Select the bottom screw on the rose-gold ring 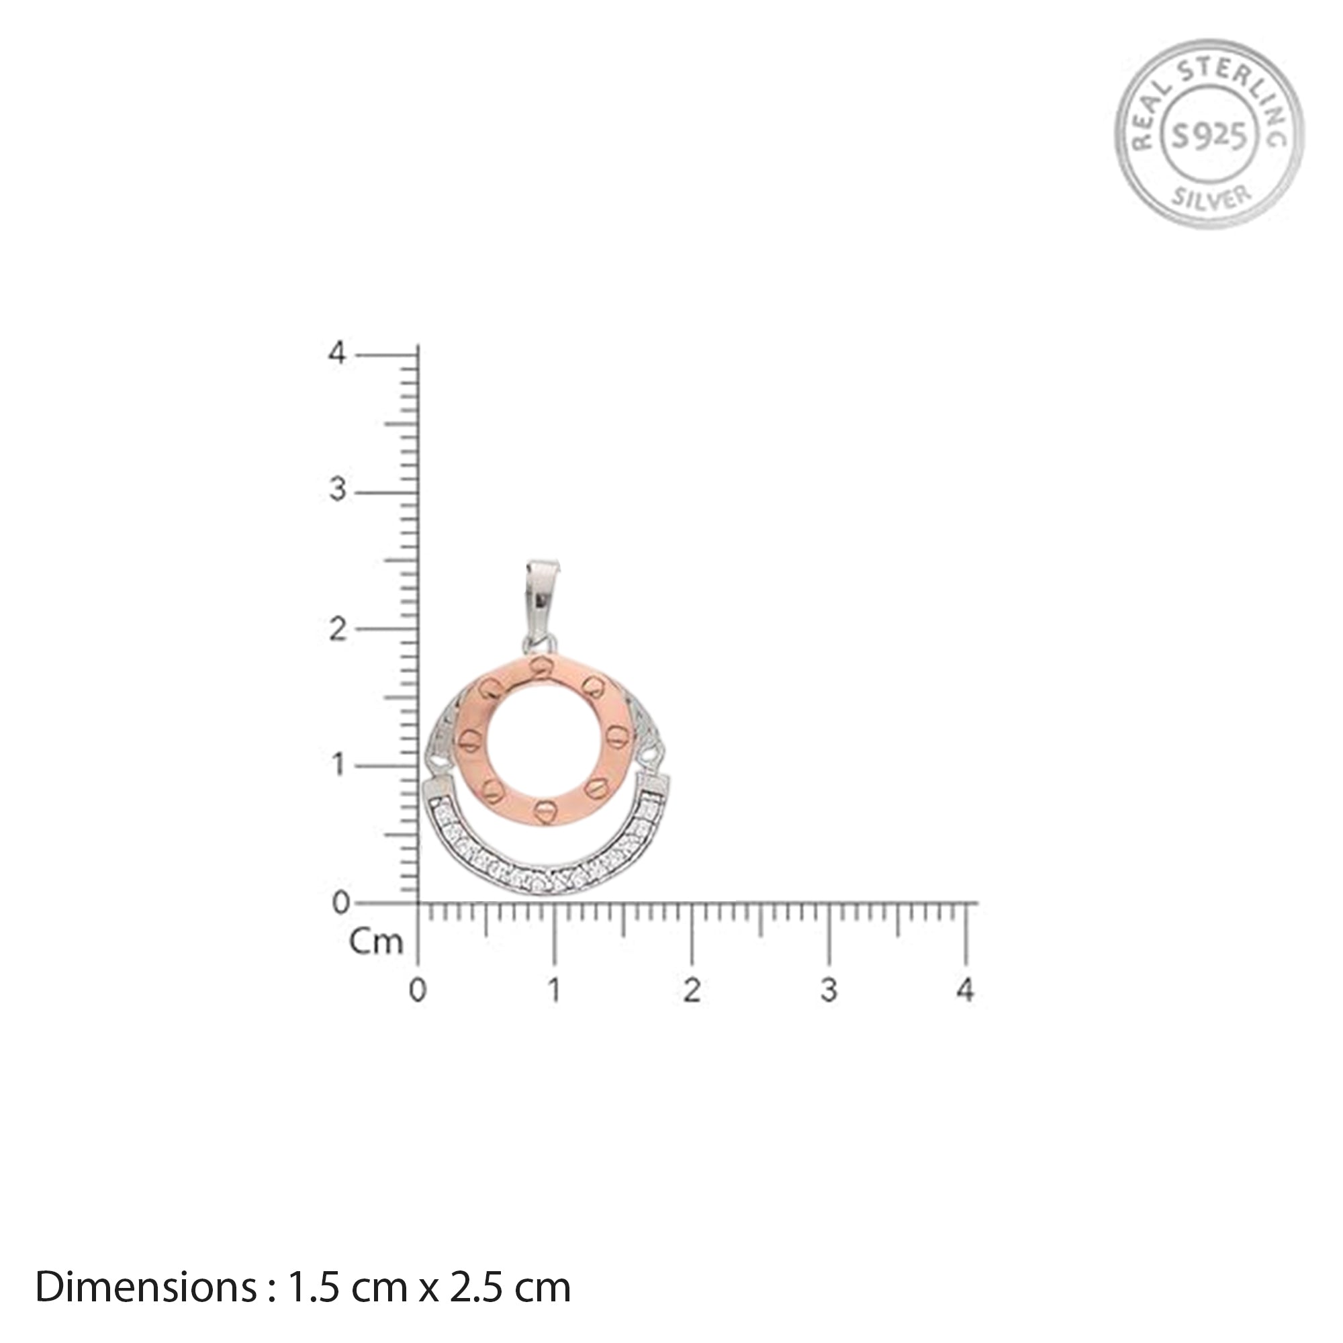click(545, 808)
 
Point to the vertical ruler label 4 click(337, 353)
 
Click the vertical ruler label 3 click(337, 491)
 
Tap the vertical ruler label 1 click(337, 766)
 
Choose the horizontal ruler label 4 click(966, 990)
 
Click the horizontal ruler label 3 click(829, 990)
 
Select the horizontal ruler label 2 click(691, 990)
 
